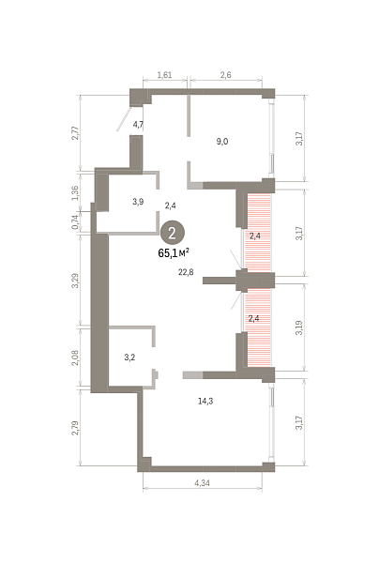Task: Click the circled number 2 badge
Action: pos(173,233)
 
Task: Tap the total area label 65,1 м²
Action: pos(174,253)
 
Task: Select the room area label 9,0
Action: pos(222,142)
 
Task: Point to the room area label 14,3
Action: pos(205,401)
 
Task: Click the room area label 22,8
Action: pos(186,272)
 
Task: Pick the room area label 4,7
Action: pos(138,125)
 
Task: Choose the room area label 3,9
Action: pos(138,202)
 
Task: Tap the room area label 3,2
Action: pos(129,358)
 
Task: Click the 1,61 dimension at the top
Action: pos(165,75)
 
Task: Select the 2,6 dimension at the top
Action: pos(226,75)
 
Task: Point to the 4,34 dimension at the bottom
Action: pos(202,483)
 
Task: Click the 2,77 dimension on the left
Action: pos(75,133)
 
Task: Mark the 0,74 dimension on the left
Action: pos(75,221)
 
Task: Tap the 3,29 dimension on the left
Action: pos(75,281)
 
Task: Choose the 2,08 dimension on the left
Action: pos(75,358)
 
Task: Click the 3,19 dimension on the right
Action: pos(299,327)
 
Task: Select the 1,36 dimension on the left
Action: pos(75,193)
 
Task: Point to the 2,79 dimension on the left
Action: pos(75,428)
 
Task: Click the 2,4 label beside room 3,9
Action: pos(171,205)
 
